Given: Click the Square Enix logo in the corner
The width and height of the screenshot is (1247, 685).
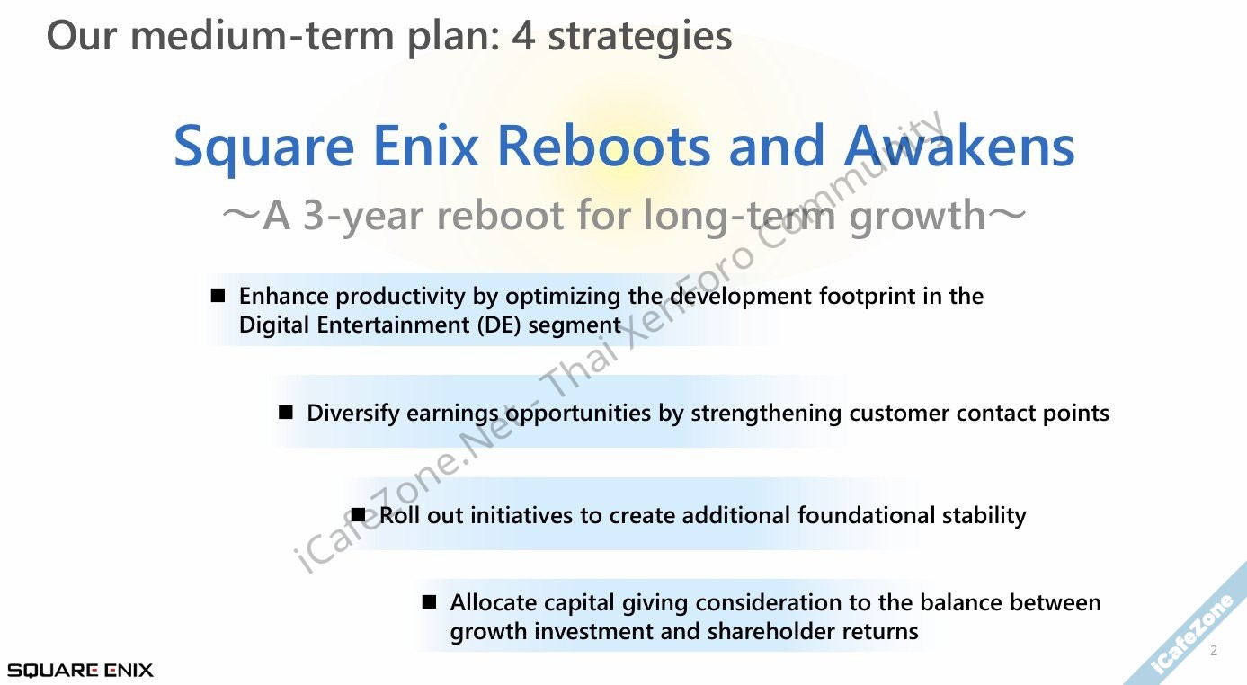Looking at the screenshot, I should tap(80, 670).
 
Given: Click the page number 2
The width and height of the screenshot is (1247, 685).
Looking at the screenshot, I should tap(1214, 651).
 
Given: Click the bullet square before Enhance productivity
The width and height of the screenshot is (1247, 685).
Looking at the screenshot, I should tap(218, 295).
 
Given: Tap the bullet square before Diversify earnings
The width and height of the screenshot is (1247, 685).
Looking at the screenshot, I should tap(286, 413).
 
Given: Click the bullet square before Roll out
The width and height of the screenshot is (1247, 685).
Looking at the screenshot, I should tap(359, 514).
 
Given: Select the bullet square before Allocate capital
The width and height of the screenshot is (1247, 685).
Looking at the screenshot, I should tap(429, 601).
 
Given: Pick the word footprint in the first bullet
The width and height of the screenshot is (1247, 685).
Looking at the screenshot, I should tap(867, 296).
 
